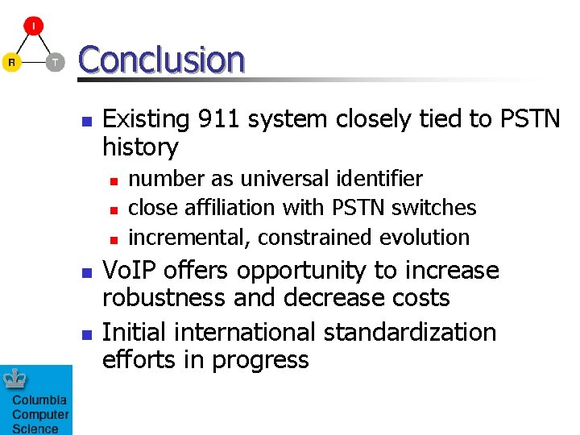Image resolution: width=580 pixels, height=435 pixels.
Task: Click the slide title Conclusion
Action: coord(161,60)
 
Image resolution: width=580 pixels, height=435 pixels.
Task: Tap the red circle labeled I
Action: coord(33,27)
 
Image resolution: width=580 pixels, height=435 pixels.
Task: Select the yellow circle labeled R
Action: coord(11,62)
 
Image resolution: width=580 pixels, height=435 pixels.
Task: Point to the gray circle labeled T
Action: coord(55,62)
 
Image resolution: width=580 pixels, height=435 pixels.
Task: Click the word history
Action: coord(140,147)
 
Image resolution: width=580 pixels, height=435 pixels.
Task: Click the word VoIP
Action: coord(133,271)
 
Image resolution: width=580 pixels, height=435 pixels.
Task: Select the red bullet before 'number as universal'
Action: coord(114,180)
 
